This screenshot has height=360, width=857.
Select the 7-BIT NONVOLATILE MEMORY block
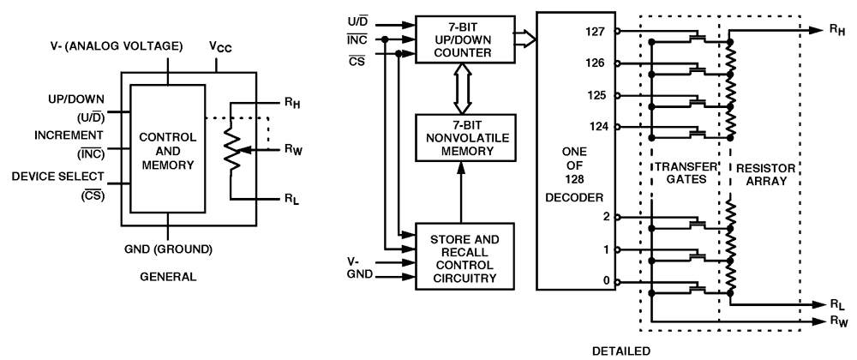click(x=462, y=137)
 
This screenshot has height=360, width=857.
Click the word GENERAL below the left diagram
click(x=169, y=277)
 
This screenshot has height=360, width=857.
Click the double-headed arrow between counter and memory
click(x=462, y=87)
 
